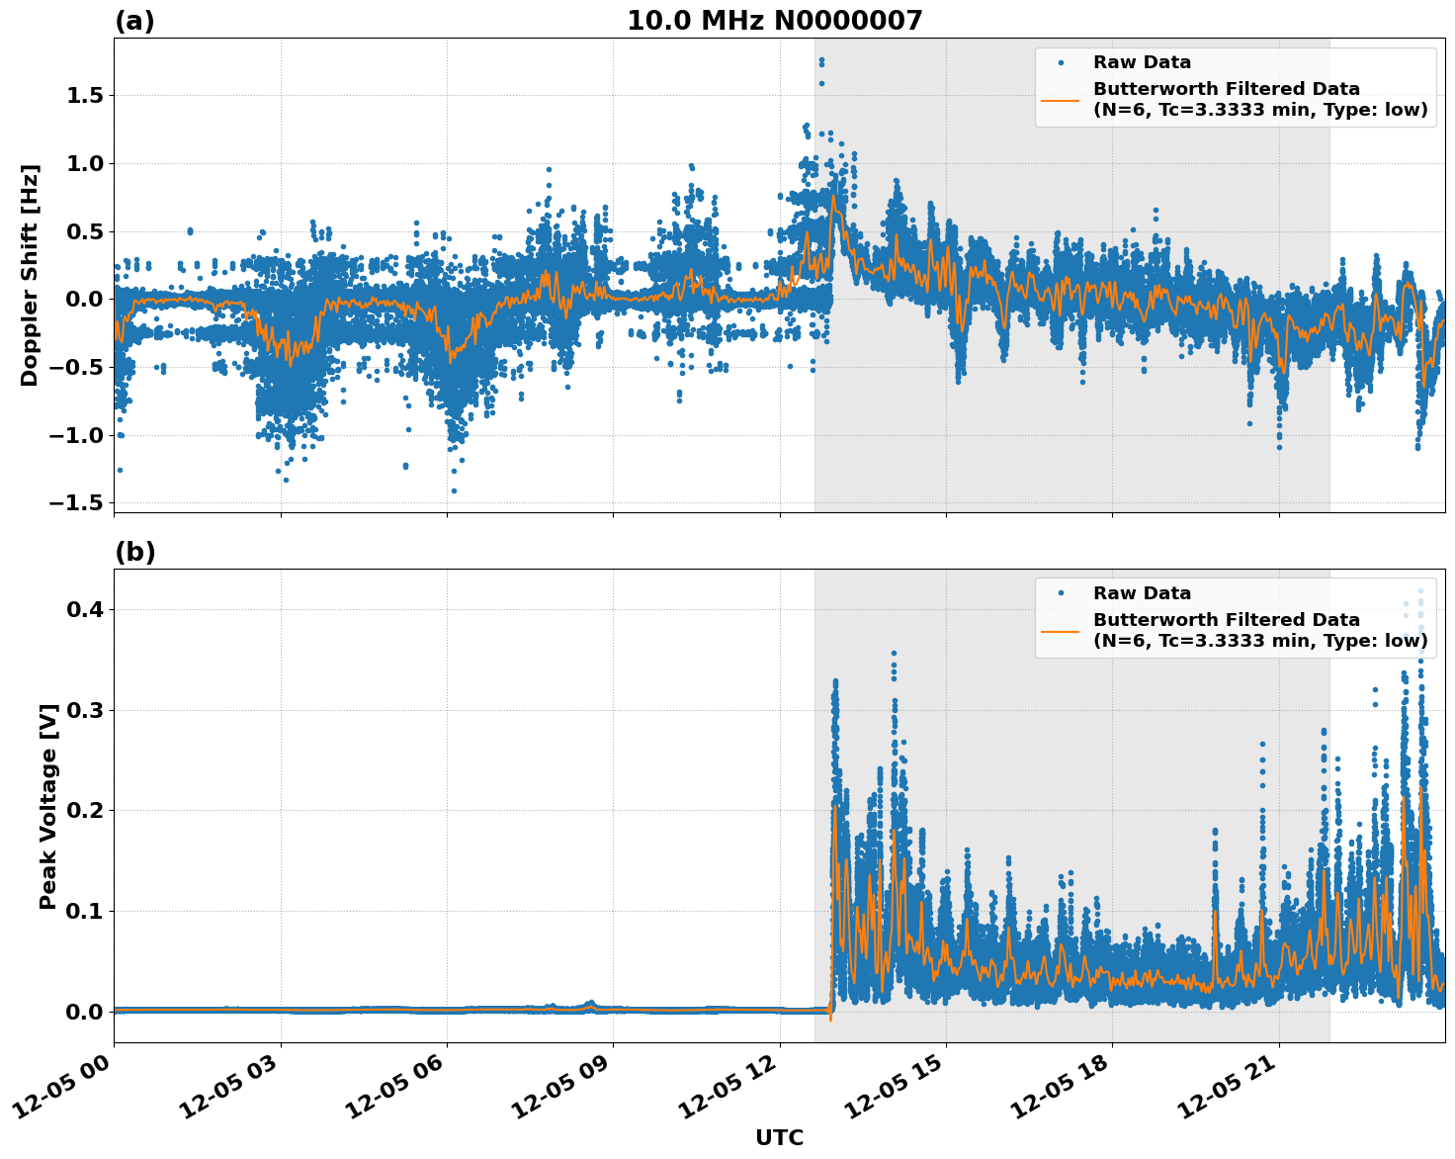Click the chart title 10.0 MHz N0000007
click(x=774, y=21)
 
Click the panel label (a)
click(x=134, y=21)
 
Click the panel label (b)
click(x=134, y=552)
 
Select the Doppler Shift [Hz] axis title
click(x=30, y=275)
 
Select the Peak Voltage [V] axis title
click(x=48, y=806)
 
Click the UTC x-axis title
click(x=779, y=1137)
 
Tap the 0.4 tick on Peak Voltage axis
click(x=87, y=610)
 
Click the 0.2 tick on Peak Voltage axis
click(x=87, y=811)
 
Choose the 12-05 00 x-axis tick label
click(x=65, y=1085)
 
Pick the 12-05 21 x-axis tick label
click(x=1231, y=1085)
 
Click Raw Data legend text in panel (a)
click(x=1142, y=62)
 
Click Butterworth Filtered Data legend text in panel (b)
click(x=1226, y=620)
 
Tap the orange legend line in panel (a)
click(x=1060, y=100)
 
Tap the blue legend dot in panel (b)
click(x=1060, y=593)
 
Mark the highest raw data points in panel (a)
click(x=821, y=62)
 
